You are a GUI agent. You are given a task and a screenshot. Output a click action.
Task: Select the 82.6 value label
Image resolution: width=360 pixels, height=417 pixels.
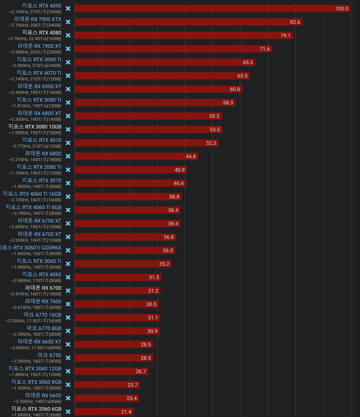coord(295,22)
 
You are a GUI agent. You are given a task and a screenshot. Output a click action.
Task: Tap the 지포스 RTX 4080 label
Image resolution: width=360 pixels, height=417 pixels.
coord(42,32)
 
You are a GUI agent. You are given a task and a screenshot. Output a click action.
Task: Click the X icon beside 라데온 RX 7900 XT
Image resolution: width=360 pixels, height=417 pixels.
coord(68,49)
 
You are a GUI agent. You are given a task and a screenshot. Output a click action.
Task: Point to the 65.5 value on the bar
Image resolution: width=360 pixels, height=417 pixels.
coord(248,62)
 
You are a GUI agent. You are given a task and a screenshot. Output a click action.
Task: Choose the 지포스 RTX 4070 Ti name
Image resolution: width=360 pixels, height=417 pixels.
coord(39,73)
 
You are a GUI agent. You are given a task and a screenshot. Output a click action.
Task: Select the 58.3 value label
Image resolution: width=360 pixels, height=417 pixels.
coord(228,103)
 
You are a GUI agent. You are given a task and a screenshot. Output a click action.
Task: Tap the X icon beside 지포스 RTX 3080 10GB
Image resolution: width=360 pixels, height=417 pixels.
coord(68,130)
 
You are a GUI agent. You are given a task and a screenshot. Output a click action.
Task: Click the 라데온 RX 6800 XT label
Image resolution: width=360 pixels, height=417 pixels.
coord(39,113)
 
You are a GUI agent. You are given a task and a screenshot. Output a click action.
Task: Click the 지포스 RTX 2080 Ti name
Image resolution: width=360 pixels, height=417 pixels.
coord(39,167)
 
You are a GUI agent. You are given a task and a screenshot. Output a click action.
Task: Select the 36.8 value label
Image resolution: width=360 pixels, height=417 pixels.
coord(168,237)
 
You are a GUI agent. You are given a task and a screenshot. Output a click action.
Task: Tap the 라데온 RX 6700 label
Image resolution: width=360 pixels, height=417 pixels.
coord(43,288)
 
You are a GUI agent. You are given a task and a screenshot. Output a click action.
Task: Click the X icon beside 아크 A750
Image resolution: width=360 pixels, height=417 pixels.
coord(68,358)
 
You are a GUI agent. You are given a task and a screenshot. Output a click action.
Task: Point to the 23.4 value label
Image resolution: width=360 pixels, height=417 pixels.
coord(132,398)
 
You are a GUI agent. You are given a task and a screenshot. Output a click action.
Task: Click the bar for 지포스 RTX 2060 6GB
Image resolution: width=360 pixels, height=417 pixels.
coord(104,411)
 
